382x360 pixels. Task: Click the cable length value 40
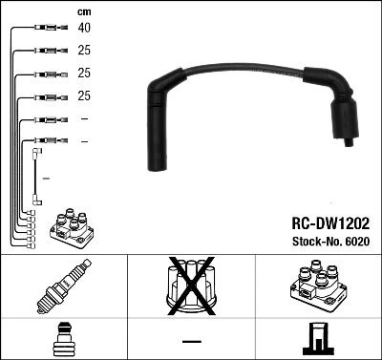[x=84, y=28]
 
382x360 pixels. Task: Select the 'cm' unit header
[x=83, y=11]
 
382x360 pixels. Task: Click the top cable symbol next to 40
[x=49, y=28]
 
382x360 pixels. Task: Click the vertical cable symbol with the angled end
[x=37, y=177]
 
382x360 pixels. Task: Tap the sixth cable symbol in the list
[x=49, y=142]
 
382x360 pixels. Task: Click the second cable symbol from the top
[x=49, y=51]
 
